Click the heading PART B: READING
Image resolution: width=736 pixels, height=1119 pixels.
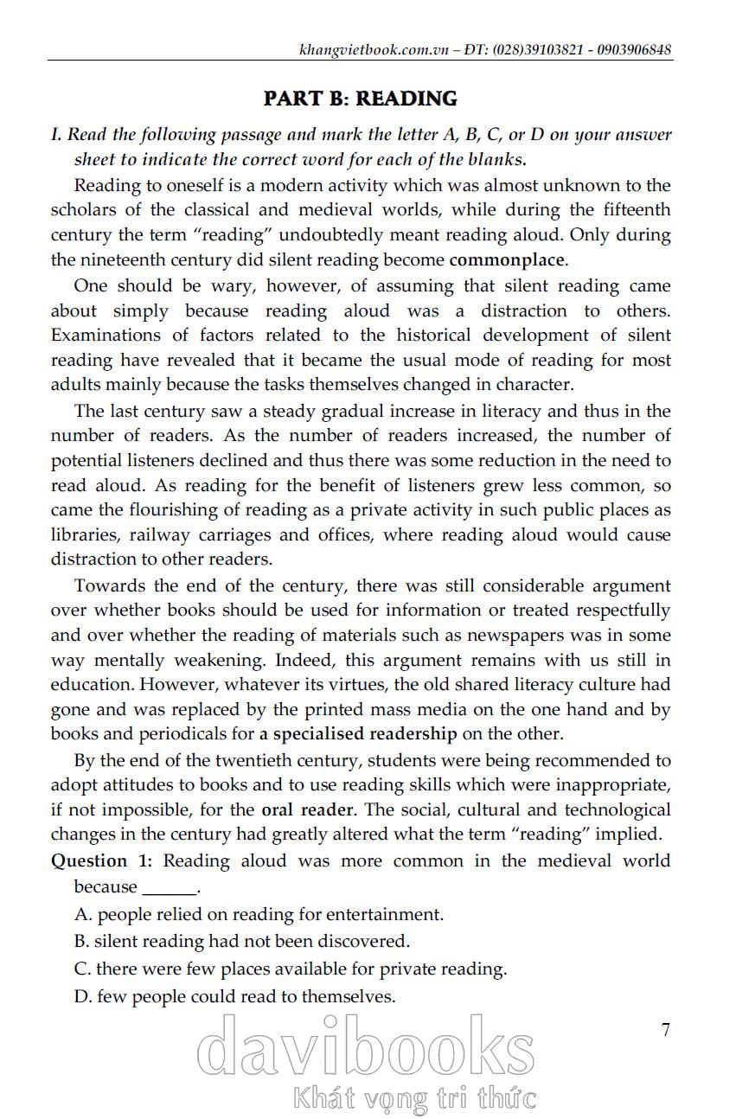pyautogui.click(x=361, y=99)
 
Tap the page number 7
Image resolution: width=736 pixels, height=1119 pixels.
pyautogui.click(x=665, y=1029)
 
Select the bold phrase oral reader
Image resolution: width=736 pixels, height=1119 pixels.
pyautogui.click(x=307, y=810)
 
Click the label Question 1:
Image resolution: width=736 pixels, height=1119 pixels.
pyautogui.click(x=102, y=860)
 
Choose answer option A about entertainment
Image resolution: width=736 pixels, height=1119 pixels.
pyautogui.click(x=259, y=914)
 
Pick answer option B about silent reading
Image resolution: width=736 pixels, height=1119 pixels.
pyautogui.click(x=242, y=941)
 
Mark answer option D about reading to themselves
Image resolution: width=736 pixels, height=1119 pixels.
pyautogui.click(x=235, y=996)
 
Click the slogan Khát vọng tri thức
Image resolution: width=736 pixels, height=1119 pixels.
pyautogui.click(x=415, y=1099)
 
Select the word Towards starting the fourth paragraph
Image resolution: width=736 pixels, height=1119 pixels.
pyautogui.click(x=112, y=585)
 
